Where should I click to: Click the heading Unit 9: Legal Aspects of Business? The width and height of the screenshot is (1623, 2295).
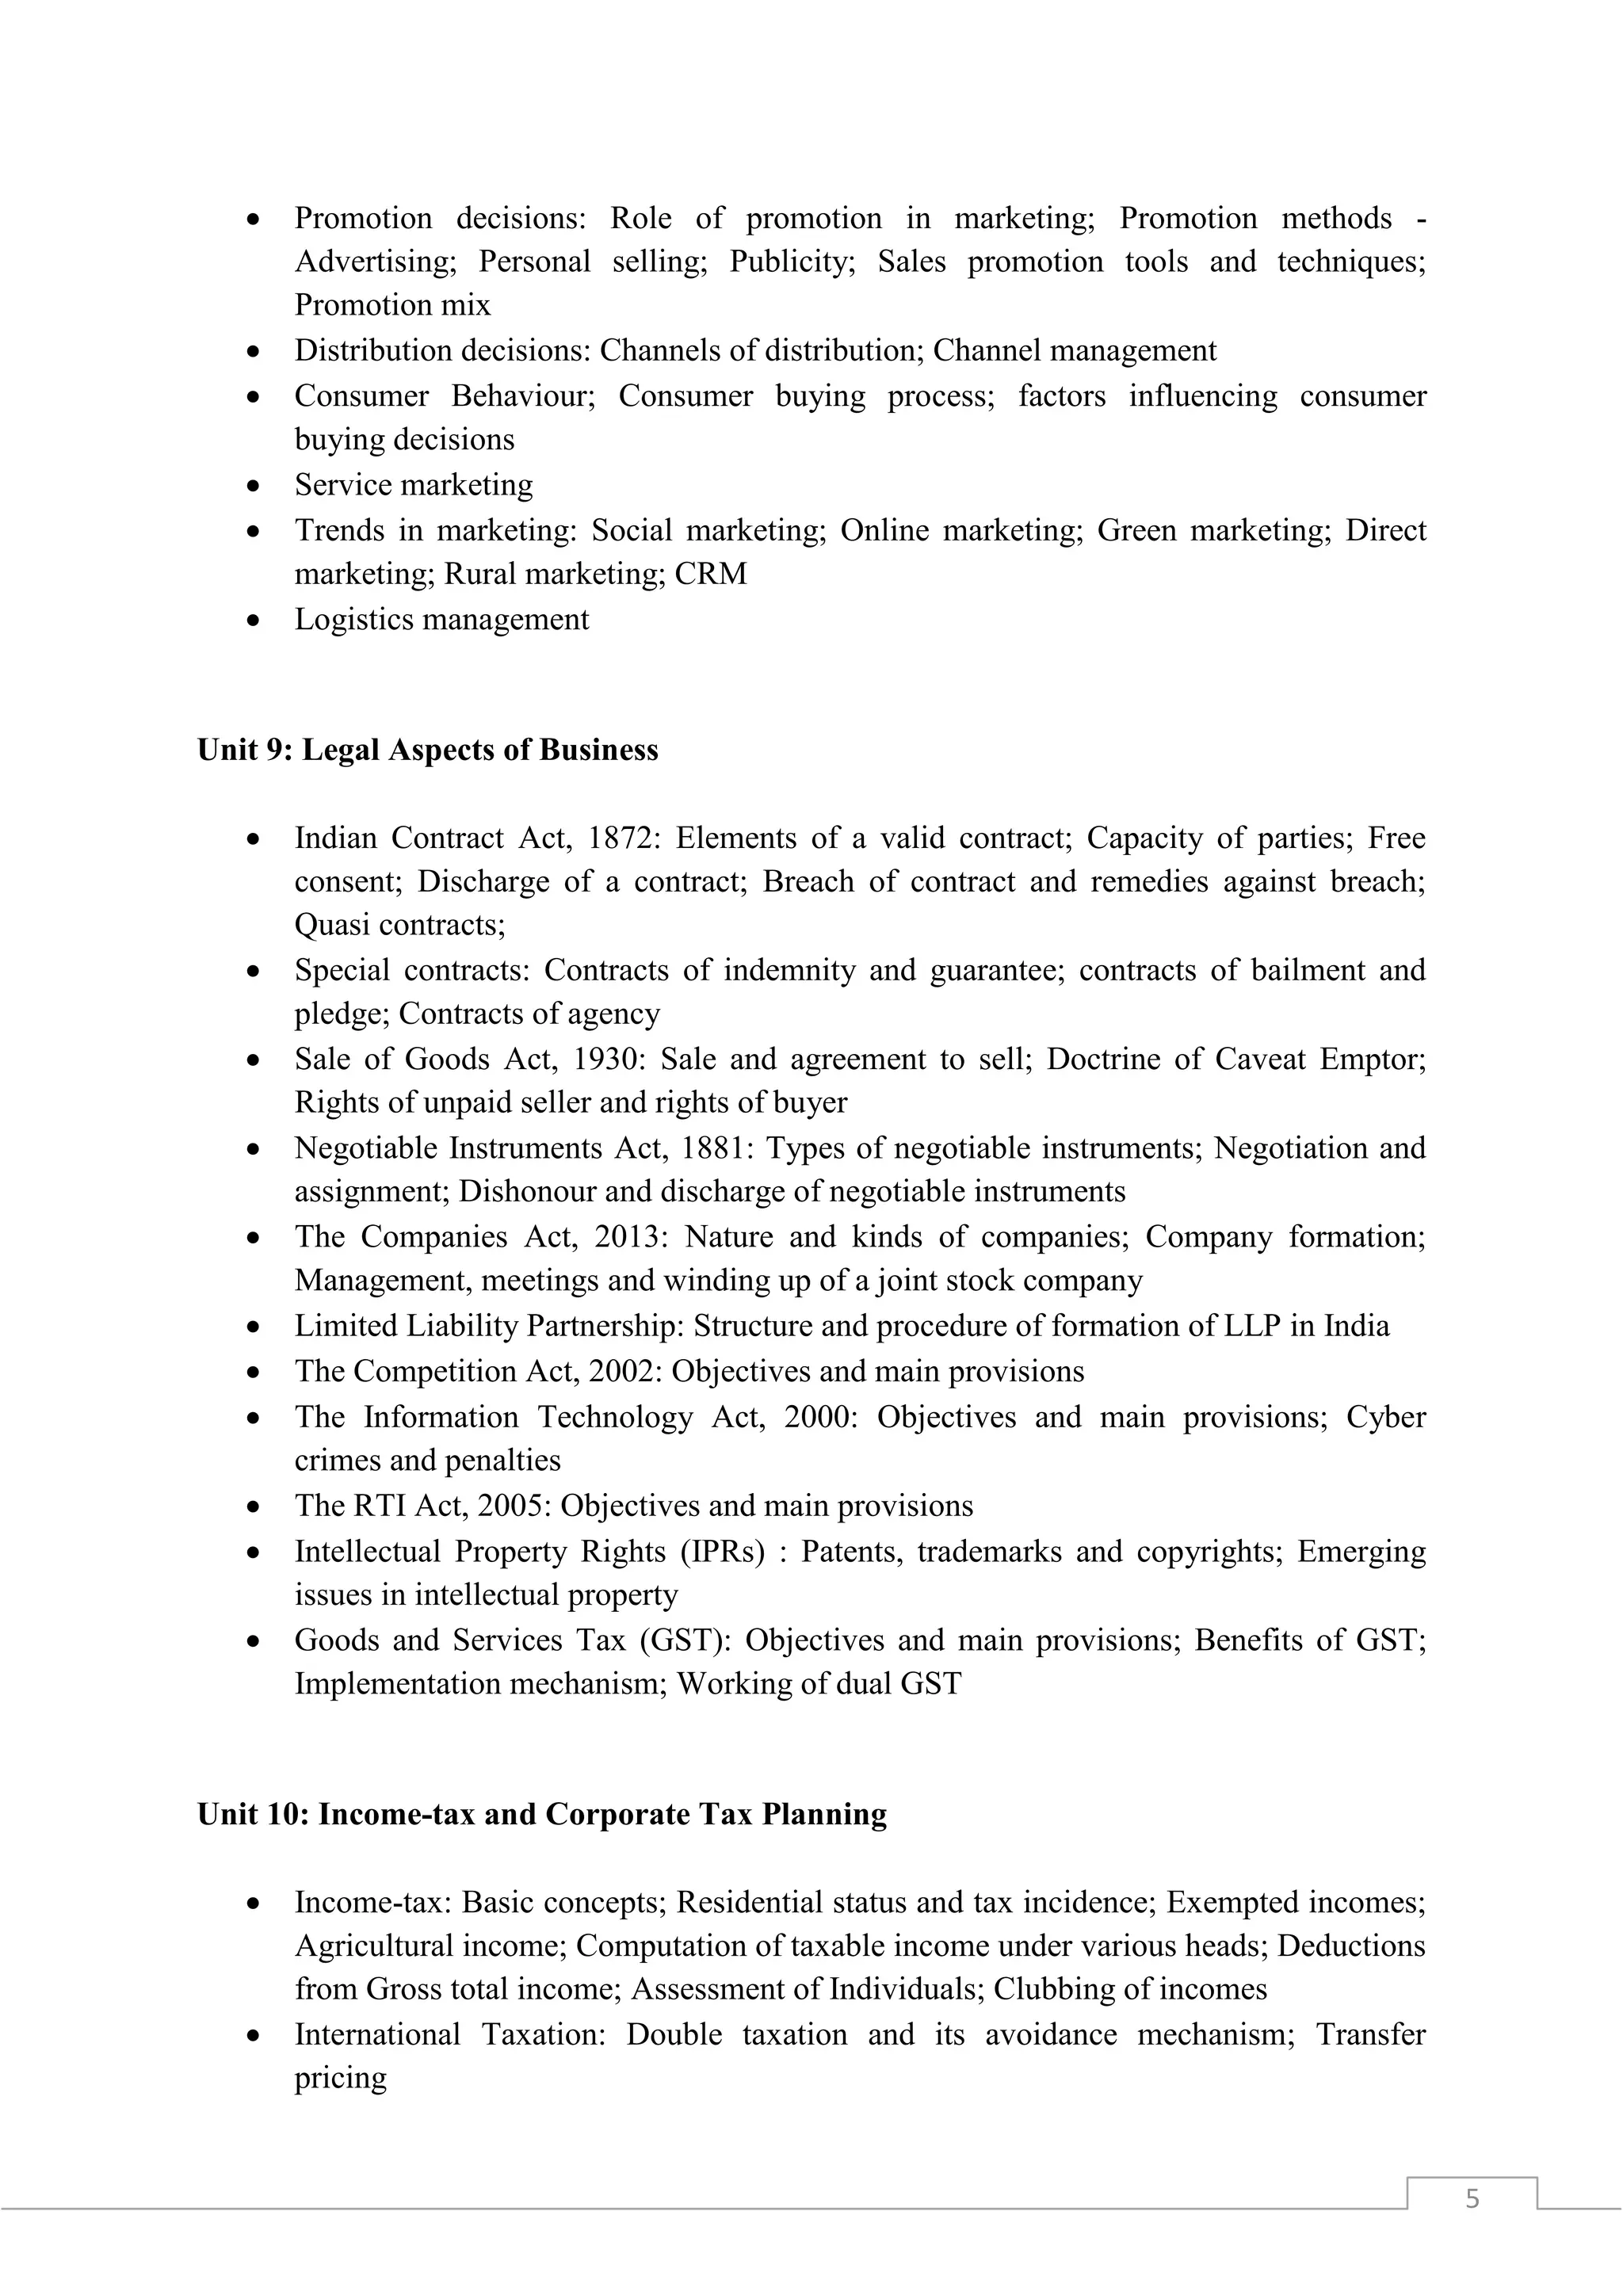(428, 750)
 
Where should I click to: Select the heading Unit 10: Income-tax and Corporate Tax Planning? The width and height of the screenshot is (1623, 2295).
(542, 1814)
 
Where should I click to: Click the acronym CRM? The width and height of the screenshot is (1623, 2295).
(711, 574)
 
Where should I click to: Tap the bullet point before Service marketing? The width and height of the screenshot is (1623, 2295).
(255, 486)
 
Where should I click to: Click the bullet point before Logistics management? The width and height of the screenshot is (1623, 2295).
(255, 621)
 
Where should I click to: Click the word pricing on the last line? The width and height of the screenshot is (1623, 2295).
(340, 2078)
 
